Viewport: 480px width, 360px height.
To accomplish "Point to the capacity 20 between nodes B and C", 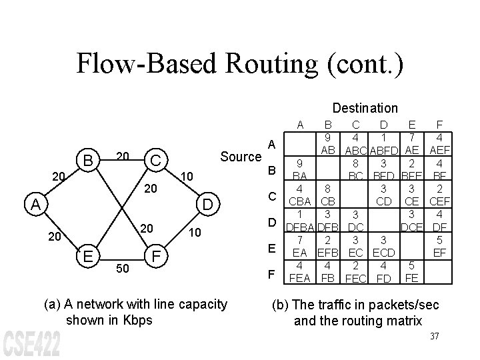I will point(121,155).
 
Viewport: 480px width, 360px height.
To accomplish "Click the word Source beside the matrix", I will point(241,157).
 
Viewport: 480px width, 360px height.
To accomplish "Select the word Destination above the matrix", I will point(365,107).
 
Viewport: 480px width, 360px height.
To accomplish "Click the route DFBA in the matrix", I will point(299,227).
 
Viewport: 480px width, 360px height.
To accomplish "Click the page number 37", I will point(434,335).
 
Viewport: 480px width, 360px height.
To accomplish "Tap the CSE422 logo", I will point(33,343).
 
